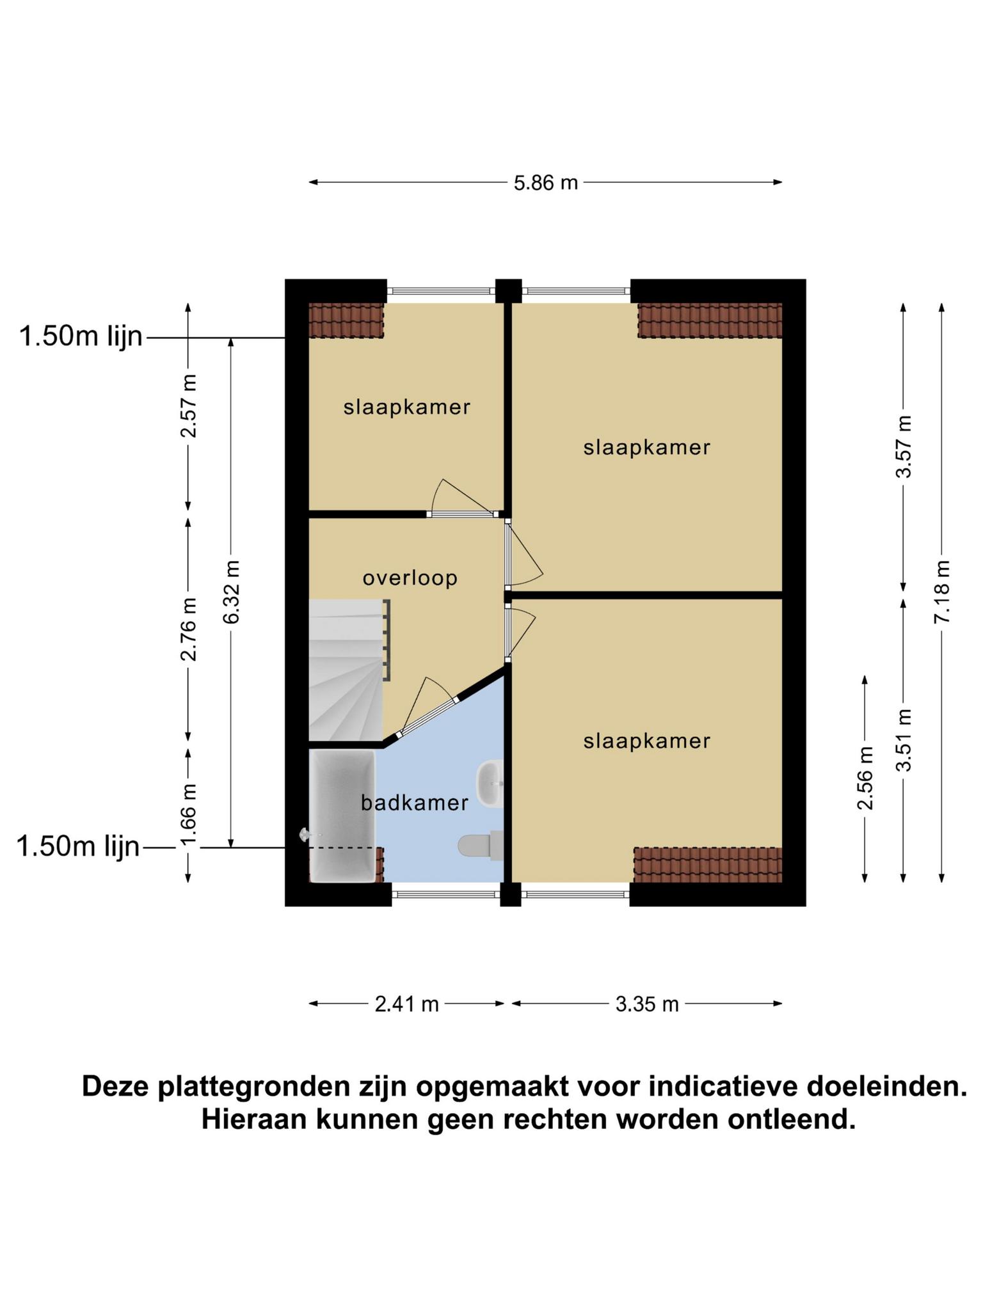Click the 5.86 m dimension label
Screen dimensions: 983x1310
pyautogui.click(x=546, y=183)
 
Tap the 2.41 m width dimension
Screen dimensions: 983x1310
pyautogui.click(x=407, y=1004)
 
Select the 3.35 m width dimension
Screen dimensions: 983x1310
pyautogui.click(x=647, y=1004)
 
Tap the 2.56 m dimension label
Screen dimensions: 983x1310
pyautogui.click(x=865, y=778)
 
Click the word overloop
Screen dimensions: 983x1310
pyautogui.click(x=410, y=578)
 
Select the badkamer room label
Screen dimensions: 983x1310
pyautogui.click(x=415, y=803)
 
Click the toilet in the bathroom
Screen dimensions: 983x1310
pyautogui.click(x=481, y=846)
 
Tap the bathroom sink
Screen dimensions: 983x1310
pyautogui.click(x=490, y=784)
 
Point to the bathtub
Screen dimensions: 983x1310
pyautogui.click(x=342, y=816)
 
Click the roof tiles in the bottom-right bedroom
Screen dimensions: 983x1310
pyautogui.click(x=708, y=865)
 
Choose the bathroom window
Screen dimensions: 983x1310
pyautogui.click(x=446, y=894)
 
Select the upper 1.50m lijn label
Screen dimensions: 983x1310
pyautogui.click(x=81, y=336)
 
